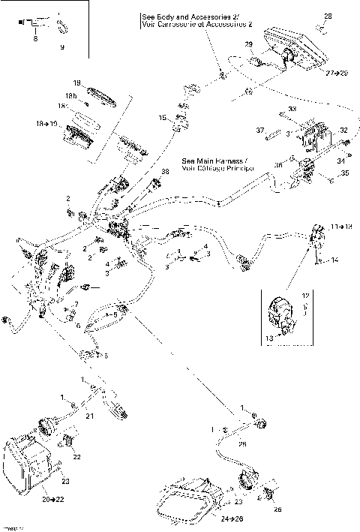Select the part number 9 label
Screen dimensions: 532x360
[61, 47]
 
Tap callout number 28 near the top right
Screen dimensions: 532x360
[327, 16]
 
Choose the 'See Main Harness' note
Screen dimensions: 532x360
[217, 161]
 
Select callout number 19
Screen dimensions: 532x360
[76, 82]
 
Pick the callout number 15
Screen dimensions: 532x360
[161, 118]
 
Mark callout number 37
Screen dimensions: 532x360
[261, 131]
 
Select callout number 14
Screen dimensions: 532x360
[334, 260]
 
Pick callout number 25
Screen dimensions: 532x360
[241, 444]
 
